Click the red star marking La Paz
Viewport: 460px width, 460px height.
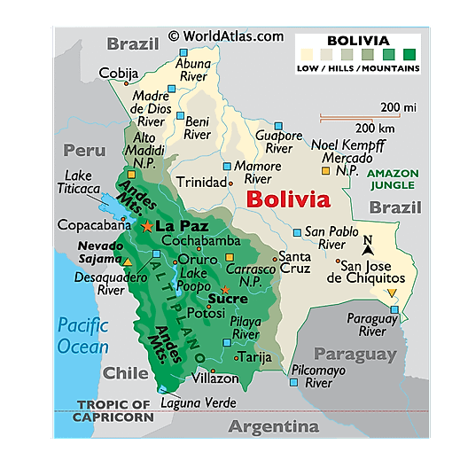tap(146, 227)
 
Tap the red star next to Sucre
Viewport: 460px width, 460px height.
tap(225, 289)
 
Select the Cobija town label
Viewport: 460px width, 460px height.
tap(119, 73)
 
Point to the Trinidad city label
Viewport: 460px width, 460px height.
tap(201, 183)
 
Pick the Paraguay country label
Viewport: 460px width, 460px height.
tap(355, 355)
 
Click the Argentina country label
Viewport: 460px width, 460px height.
tap(273, 426)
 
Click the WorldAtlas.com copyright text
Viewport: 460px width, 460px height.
tap(226, 36)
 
